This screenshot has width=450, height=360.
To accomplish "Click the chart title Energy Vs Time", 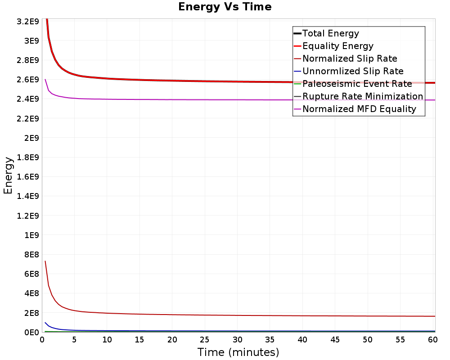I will point(225,7).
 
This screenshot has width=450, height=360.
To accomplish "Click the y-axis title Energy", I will point(8,175).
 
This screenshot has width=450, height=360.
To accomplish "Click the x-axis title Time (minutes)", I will point(238,352).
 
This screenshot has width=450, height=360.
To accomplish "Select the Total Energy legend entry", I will point(331,33).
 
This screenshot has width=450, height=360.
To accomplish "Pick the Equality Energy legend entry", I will point(338,46).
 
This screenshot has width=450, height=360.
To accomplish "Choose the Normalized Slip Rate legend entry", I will point(350,58).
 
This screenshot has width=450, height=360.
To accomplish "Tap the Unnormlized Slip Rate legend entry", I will point(353,71).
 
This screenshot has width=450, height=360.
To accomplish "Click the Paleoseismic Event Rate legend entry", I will point(357,84).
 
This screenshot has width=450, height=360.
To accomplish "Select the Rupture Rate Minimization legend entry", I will point(363,96).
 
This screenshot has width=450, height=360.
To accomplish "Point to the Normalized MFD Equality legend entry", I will point(359,109).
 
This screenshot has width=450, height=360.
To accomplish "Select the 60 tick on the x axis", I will point(432,340).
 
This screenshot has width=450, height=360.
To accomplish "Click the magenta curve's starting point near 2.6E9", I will point(45,79).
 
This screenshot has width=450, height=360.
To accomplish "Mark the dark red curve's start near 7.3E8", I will point(45,261).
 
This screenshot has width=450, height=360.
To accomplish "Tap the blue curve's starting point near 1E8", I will point(45,323).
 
